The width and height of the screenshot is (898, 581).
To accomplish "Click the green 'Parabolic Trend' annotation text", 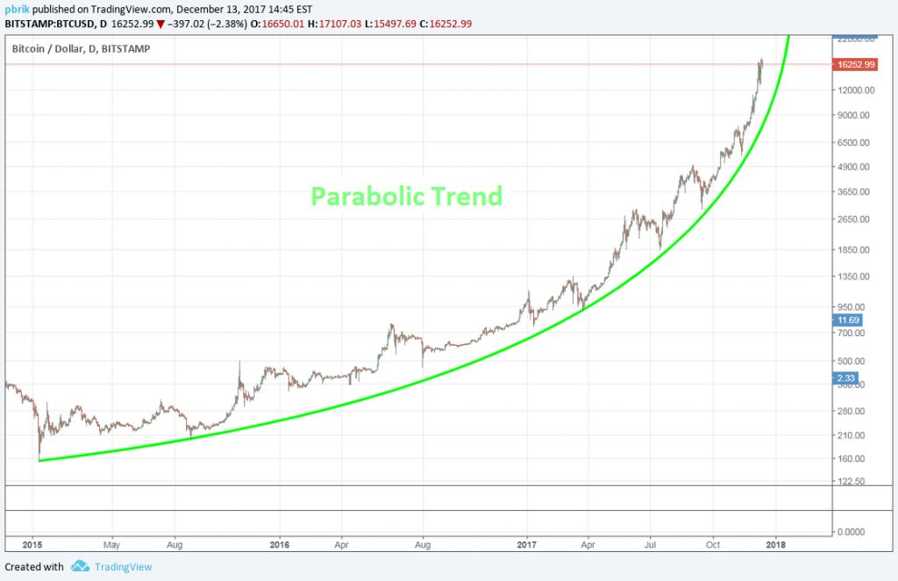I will click(x=407, y=196).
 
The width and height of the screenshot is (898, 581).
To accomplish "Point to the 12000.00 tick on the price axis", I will click(x=854, y=90).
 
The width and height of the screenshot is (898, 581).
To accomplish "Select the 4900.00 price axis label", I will click(x=854, y=167).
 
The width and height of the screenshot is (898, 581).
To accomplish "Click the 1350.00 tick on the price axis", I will click(x=854, y=276).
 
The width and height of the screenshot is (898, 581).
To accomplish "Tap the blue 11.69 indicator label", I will click(x=845, y=321).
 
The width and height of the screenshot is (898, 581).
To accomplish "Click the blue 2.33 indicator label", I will click(x=844, y=378).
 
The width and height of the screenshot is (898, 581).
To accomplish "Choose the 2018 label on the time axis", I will click(x=775, y=544).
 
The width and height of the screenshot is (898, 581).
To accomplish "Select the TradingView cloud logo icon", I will click(x=81, y=566).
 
